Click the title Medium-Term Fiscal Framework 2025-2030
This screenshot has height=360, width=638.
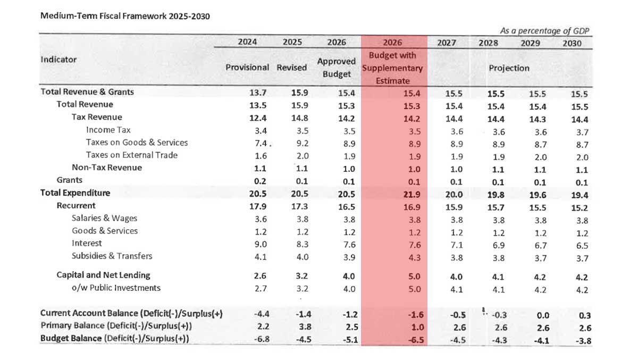coord(125,16)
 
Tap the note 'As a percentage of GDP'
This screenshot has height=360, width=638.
coord(545,31)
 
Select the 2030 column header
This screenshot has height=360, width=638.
coord(572,43)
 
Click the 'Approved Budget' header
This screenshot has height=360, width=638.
coord(337,68)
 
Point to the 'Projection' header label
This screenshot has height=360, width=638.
coord(509,68)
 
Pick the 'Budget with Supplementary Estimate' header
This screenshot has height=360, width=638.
coord(393,68)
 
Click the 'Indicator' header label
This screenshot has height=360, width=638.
coord(58,60)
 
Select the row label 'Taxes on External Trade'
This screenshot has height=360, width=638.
coord(131,155)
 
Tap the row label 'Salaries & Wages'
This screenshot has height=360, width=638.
coord(104,218)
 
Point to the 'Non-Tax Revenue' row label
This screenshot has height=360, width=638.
coord(107,168)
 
